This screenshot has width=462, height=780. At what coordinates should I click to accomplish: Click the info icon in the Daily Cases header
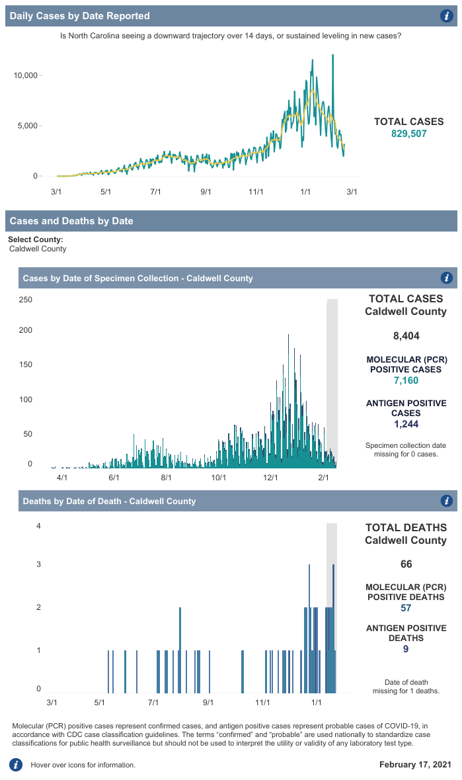[446, 16]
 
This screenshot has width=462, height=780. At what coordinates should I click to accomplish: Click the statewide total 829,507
[409, 134]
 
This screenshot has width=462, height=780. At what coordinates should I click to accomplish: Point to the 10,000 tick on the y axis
[26, 75]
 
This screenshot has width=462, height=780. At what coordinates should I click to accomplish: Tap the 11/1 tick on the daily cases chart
[256, 192]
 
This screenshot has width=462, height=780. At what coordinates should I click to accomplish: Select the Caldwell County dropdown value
[38, 249]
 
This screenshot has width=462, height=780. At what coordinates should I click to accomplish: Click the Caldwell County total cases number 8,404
[406, 336]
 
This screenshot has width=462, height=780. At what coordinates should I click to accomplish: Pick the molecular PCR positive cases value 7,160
[406, 380]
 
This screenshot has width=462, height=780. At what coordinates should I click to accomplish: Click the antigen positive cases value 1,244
[406, 424]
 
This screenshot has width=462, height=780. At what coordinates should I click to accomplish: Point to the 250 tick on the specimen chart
[26, 300]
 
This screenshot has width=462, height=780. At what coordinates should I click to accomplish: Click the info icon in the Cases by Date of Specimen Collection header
[446, 278]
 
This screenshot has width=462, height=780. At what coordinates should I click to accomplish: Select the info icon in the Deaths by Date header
[446, 501]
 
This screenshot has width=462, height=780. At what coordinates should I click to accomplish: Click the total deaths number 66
[406, 564]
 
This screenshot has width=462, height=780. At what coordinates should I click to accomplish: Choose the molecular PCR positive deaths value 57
[406, 608]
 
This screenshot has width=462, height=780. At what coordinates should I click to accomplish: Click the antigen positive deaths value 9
[406, 649]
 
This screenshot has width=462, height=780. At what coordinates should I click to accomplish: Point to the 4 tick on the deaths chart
[39, 527]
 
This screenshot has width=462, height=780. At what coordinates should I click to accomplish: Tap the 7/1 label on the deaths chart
[154, 701]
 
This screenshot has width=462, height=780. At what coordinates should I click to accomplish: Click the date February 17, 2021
[415, 765]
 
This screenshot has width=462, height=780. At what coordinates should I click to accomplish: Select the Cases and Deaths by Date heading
[71, 221]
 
